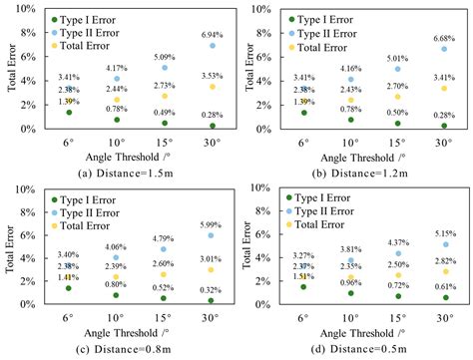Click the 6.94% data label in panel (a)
tap(211, 34)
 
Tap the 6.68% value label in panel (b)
tap(444, 38)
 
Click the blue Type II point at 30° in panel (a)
tap(212, 46)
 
